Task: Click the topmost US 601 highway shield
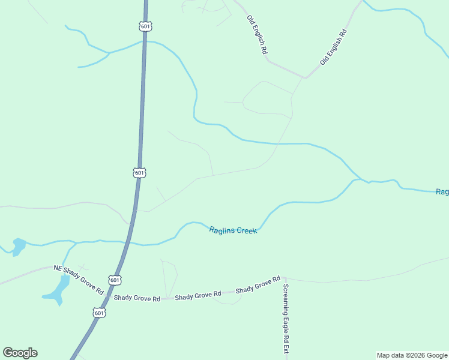click(145, 26)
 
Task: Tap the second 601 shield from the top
click(139, 173)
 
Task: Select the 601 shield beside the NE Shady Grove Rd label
click(115, 280)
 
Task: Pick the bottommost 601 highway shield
click(99, 313)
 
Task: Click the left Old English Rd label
click(257, 35)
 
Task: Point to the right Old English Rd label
click(334, 46)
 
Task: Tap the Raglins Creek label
click(233, 230)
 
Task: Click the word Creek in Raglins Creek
click(246, 230)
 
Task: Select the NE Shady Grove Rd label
click(79, 279)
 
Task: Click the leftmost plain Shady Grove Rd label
click(137, 298)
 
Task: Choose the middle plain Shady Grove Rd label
click(198, 295)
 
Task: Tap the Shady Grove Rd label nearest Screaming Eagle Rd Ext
click(258, 285)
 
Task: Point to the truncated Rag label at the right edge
click(442, 192)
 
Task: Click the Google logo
click(20, 353)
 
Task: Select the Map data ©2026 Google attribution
click(412, 355)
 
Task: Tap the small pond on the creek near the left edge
click(19, 245)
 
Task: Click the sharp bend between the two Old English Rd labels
click(306, 78)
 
